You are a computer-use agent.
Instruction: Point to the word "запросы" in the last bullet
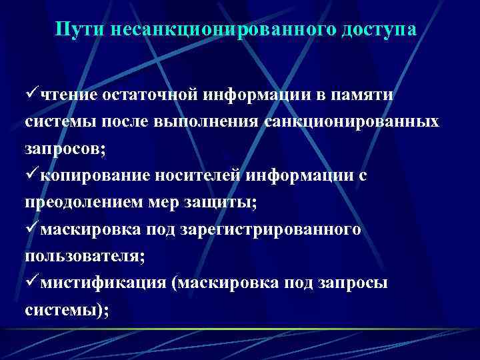click(357, 283)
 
